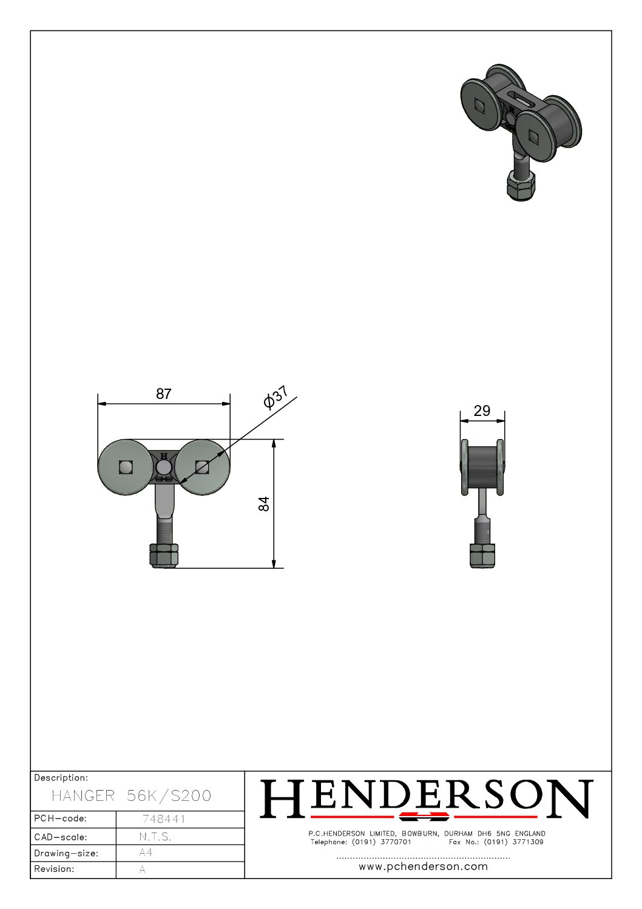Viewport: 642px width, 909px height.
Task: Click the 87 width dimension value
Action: coord(164,393)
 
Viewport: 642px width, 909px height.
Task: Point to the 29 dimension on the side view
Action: coord(482,411)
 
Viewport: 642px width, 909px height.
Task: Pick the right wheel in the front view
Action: coord(202,467)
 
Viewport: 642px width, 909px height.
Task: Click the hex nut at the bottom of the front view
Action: coord(164,556)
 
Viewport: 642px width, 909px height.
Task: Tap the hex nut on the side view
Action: coord(482,556)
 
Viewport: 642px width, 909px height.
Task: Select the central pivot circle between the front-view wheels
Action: coord(164,468)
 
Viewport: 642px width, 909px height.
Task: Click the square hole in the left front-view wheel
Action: coord(126,468)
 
